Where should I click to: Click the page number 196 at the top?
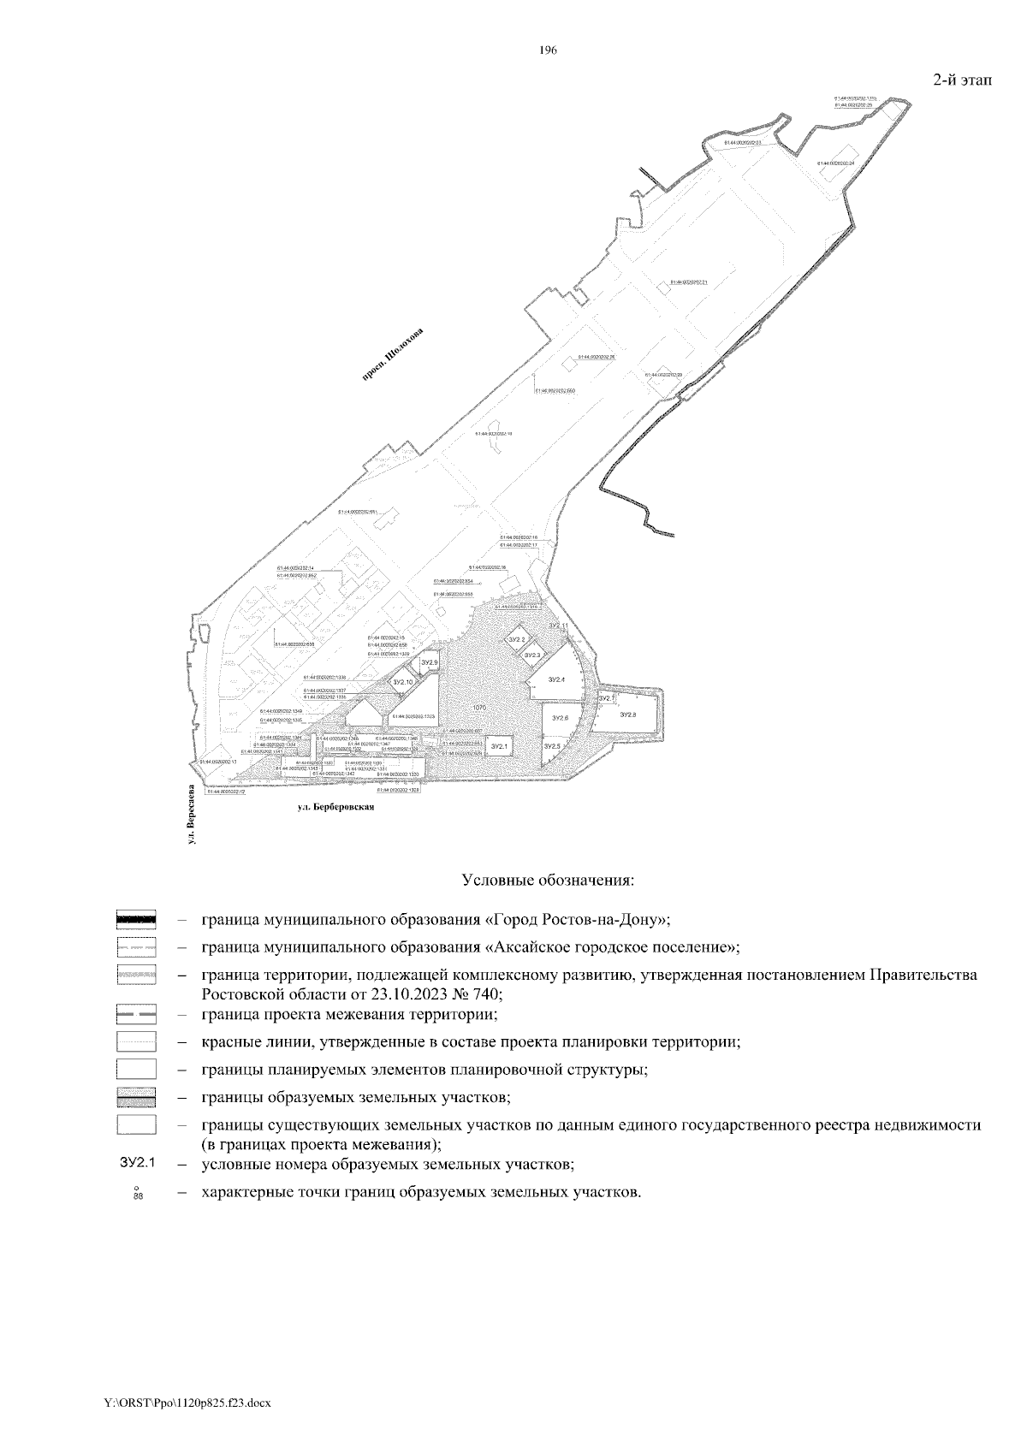pyautogui.click(x=548, y=50)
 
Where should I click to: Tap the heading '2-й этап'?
pyautogui.click(x=959, y=80)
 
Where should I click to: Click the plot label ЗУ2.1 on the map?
pyautogui.click(x=499, y=747)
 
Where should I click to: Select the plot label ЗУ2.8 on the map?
pyautogui.click(x=628, y=715)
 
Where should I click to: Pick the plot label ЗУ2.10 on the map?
pyautogui.click(x=402, y=682)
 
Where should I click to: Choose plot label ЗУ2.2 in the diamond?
pyautogui.click(x=516, y=640)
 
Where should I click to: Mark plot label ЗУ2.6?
pyautogui.click(x=560, y=718)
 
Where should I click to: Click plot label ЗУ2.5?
pyautogui.click(x=552, y=747)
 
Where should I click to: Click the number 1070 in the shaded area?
pyautogui.click(x=479, y=709)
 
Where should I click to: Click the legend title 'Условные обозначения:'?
pyautogui.click(x=548, y=879)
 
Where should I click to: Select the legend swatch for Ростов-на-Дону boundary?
pyautogui.click(x=136, y=920)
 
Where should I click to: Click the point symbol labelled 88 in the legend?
pyautogui.click(x=136, y=1193)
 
